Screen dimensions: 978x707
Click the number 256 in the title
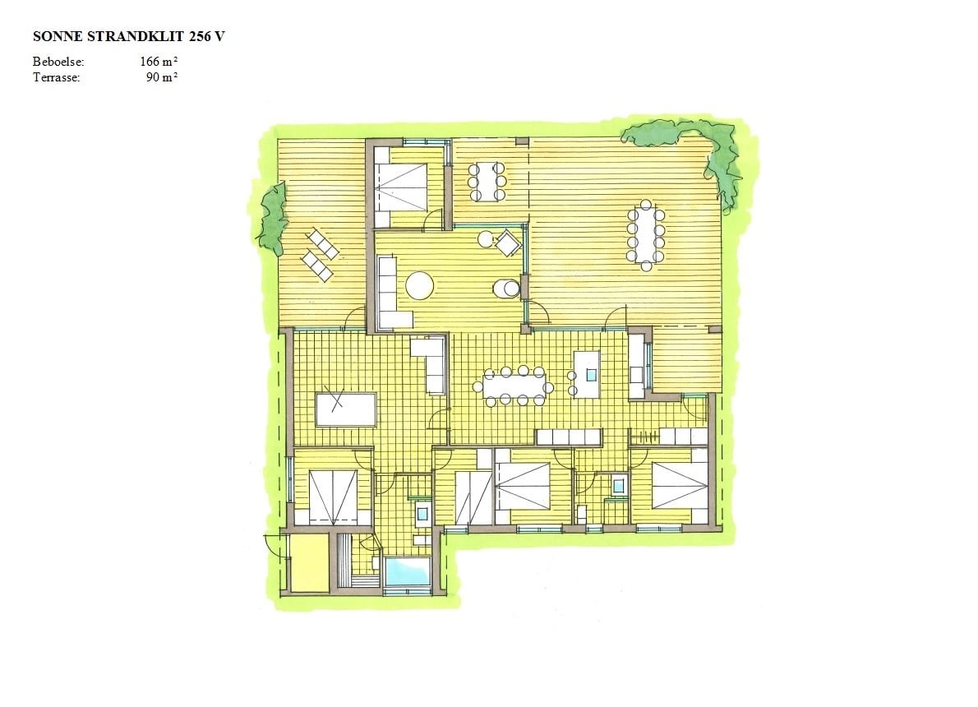[x=199, y=36]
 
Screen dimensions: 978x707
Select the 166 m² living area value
[x=159, y=62]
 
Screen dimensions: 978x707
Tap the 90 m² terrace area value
[x=162, y=77]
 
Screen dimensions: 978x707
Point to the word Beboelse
[x=58, y=62]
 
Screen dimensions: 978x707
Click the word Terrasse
[x=56, y=77]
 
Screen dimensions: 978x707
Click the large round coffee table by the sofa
[x=419, y=286]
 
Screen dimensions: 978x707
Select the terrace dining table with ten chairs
[x=646, y=234]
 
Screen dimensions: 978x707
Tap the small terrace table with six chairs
[x=487, y=182]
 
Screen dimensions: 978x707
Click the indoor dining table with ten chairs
[x=514, y=387]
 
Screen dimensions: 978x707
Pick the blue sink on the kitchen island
[x=591, y=374]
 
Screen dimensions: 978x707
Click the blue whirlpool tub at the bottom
[x=408, y=571]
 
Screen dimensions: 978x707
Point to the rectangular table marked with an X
[x=345, y=409]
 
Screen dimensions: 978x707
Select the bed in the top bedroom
[x=400, y=187]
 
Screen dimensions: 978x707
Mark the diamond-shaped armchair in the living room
[x=509, y=243]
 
